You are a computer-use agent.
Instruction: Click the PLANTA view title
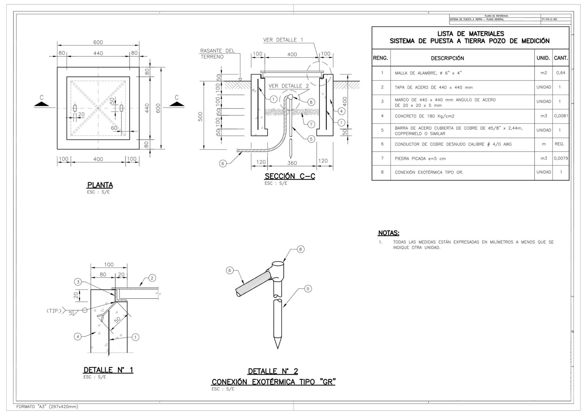[100, 185]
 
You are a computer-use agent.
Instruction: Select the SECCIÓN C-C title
[289, 176]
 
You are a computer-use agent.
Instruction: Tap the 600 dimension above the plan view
[98, 42]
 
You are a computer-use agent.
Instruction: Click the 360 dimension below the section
[292, 163]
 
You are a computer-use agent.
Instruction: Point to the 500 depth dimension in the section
[200, 117]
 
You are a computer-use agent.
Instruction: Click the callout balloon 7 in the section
[311, 124]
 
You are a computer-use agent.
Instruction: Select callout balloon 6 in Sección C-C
[223, 164]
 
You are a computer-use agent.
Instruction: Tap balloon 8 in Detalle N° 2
[300, 249]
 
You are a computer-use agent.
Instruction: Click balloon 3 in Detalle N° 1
[78, 282]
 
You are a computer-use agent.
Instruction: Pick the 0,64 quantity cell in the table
[561, 73]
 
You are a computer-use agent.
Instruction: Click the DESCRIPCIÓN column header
[447, 58]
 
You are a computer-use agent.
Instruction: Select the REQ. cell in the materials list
[559, 144]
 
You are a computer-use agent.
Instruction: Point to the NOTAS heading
[388, 233]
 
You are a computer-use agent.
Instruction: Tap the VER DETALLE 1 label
[283, 40]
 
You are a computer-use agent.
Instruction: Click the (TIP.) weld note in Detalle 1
[54, 310]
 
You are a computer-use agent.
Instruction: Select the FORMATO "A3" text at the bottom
[47, 407]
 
